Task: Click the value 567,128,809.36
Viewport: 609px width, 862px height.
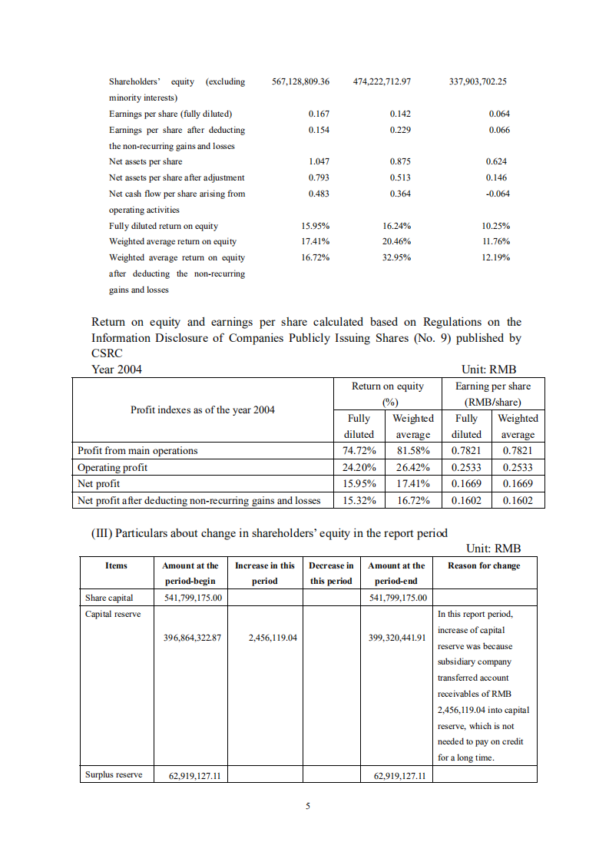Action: pos(301,81)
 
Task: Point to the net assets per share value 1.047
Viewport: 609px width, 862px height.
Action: pos(319,161)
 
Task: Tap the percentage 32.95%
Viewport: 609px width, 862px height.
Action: pos(396,257)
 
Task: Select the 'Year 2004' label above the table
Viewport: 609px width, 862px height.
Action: pos(117,370)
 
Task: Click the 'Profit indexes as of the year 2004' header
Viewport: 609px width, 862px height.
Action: pos(203,409)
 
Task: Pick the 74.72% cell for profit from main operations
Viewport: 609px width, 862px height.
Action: pos(359,451)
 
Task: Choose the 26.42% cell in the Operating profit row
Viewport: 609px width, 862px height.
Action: pos(412,467)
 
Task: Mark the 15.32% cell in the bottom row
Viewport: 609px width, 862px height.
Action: pos(359,500)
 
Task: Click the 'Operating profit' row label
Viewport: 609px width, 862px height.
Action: pos(113,467)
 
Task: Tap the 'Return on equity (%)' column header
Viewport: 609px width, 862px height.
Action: pos(388,394)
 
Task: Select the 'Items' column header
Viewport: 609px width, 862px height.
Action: pos(116,565)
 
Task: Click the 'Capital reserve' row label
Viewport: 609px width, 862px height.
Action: pos(113,614)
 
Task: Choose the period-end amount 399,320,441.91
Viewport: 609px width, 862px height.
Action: pos(398,637)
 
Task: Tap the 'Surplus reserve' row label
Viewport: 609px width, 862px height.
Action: pos(114,774)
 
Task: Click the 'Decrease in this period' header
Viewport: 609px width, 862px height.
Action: pos(331,573)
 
